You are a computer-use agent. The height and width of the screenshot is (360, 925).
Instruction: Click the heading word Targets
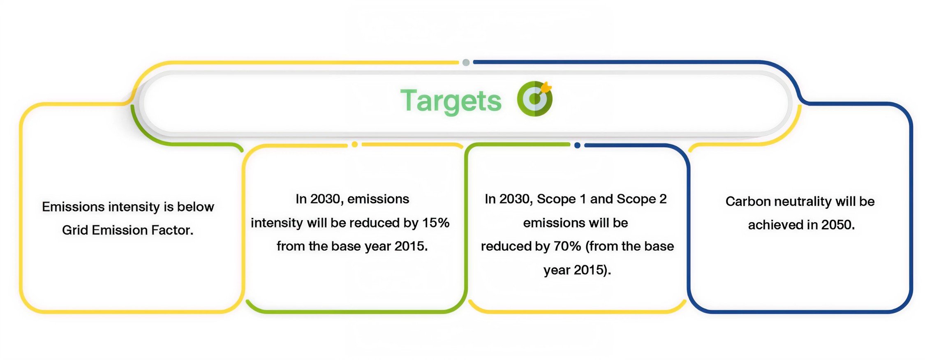pos(451,101)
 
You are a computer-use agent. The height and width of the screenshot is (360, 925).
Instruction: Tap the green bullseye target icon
pos(534,99)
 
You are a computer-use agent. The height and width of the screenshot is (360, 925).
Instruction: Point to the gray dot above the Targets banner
pos(466,62)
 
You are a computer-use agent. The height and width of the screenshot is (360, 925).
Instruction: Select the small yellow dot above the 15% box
pos(355,144)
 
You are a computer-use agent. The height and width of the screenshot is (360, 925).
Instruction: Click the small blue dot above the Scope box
pos(577,145)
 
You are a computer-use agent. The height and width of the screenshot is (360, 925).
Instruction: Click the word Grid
pos(75,230)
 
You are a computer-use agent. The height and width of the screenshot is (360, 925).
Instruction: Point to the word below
pos(196,206)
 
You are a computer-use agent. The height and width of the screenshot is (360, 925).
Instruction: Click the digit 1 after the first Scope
pos(583,199)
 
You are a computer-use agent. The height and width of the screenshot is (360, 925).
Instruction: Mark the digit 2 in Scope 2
pos(663,199)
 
